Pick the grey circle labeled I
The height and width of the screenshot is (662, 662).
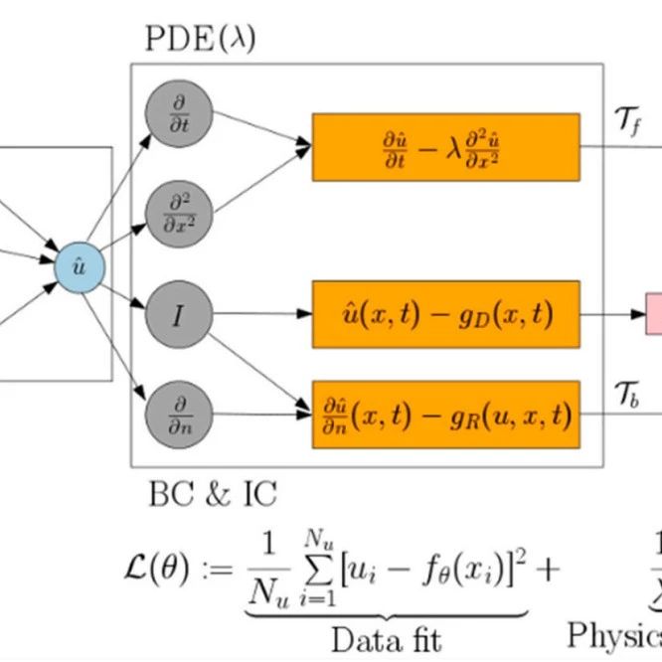pyautogui.click(x=178, y=316)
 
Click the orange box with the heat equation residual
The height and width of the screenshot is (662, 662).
pyautogui.click(x=445, y=147)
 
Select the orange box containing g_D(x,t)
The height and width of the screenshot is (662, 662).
pyautogui.click(x=445, y=315)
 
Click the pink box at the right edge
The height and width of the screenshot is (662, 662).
pyautogui.click(x=654, y=315)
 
